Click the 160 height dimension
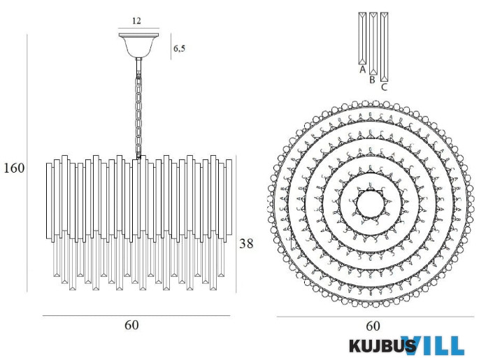(x=14, y=168)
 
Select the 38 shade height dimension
(x=246, y=244)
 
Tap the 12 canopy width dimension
(x=136, y=21)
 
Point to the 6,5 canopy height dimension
(x=179, y=49)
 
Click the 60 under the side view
(x=131, y=326)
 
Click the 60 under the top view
(x=373, y=326)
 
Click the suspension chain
(x=139, y=112)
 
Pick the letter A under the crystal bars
(x=362, y=70)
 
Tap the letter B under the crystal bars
(x=373, y=80)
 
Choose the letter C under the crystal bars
(x=384, y=87)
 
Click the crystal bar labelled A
(x=362, y=38)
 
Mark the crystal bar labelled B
(x=373, y=43)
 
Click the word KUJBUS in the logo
(x=382, y=346)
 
